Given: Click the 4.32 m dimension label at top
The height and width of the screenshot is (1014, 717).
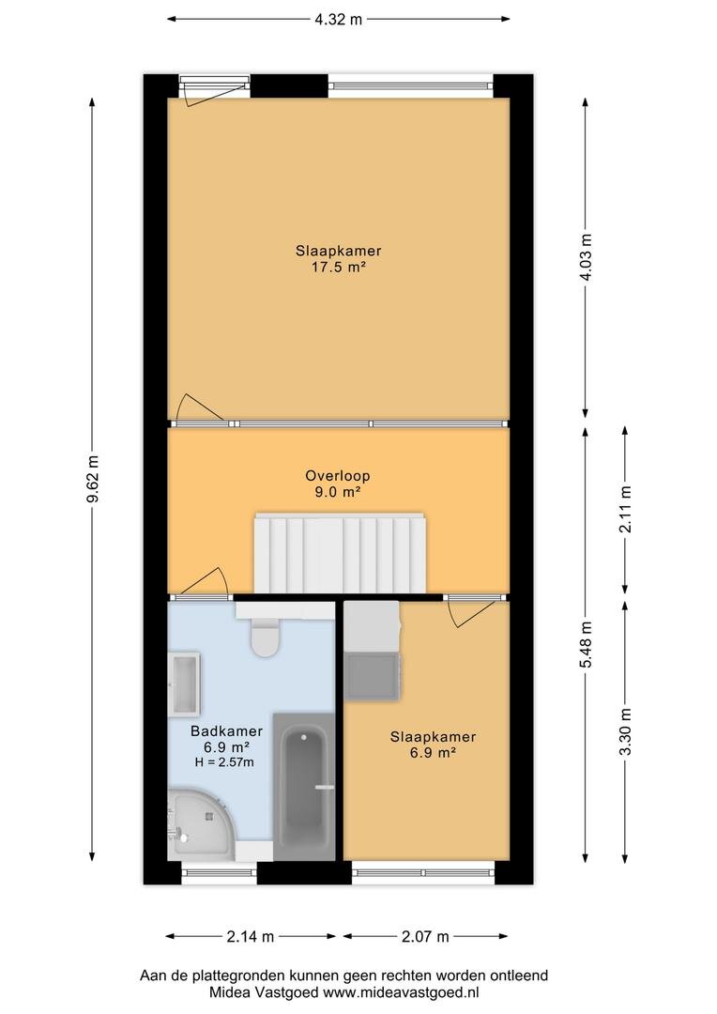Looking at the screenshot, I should pyautogui.click(x=339, y=18).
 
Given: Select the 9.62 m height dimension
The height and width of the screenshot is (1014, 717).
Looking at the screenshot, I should pyautogui.click(x=92, y=482).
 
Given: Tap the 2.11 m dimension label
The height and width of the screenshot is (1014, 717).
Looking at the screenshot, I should pyautogui.click(x=625, y=508).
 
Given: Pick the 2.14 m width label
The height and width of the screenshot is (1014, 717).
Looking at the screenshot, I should pyautogui.click(x=250, y=936).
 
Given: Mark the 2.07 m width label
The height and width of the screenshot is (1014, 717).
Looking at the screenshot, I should pyautogui.click(x=425, y=936).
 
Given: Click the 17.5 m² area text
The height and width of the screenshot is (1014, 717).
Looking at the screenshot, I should pyautogui.click(x=338, y=267).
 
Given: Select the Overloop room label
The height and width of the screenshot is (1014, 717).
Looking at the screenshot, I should pyautogui.click(x=338, y=475).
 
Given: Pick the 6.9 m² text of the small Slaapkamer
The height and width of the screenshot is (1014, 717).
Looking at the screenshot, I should pyautogui.click(x=433, y=753).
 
